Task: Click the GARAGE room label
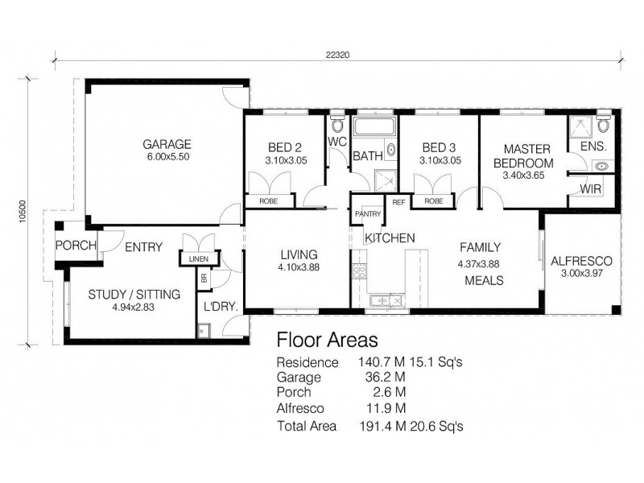167,145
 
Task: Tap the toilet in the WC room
336,126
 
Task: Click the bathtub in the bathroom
374,127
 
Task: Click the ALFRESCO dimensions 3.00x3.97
581,275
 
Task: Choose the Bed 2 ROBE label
270,201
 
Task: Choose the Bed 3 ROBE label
433,201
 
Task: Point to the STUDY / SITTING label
133,294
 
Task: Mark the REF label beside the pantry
397,202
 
